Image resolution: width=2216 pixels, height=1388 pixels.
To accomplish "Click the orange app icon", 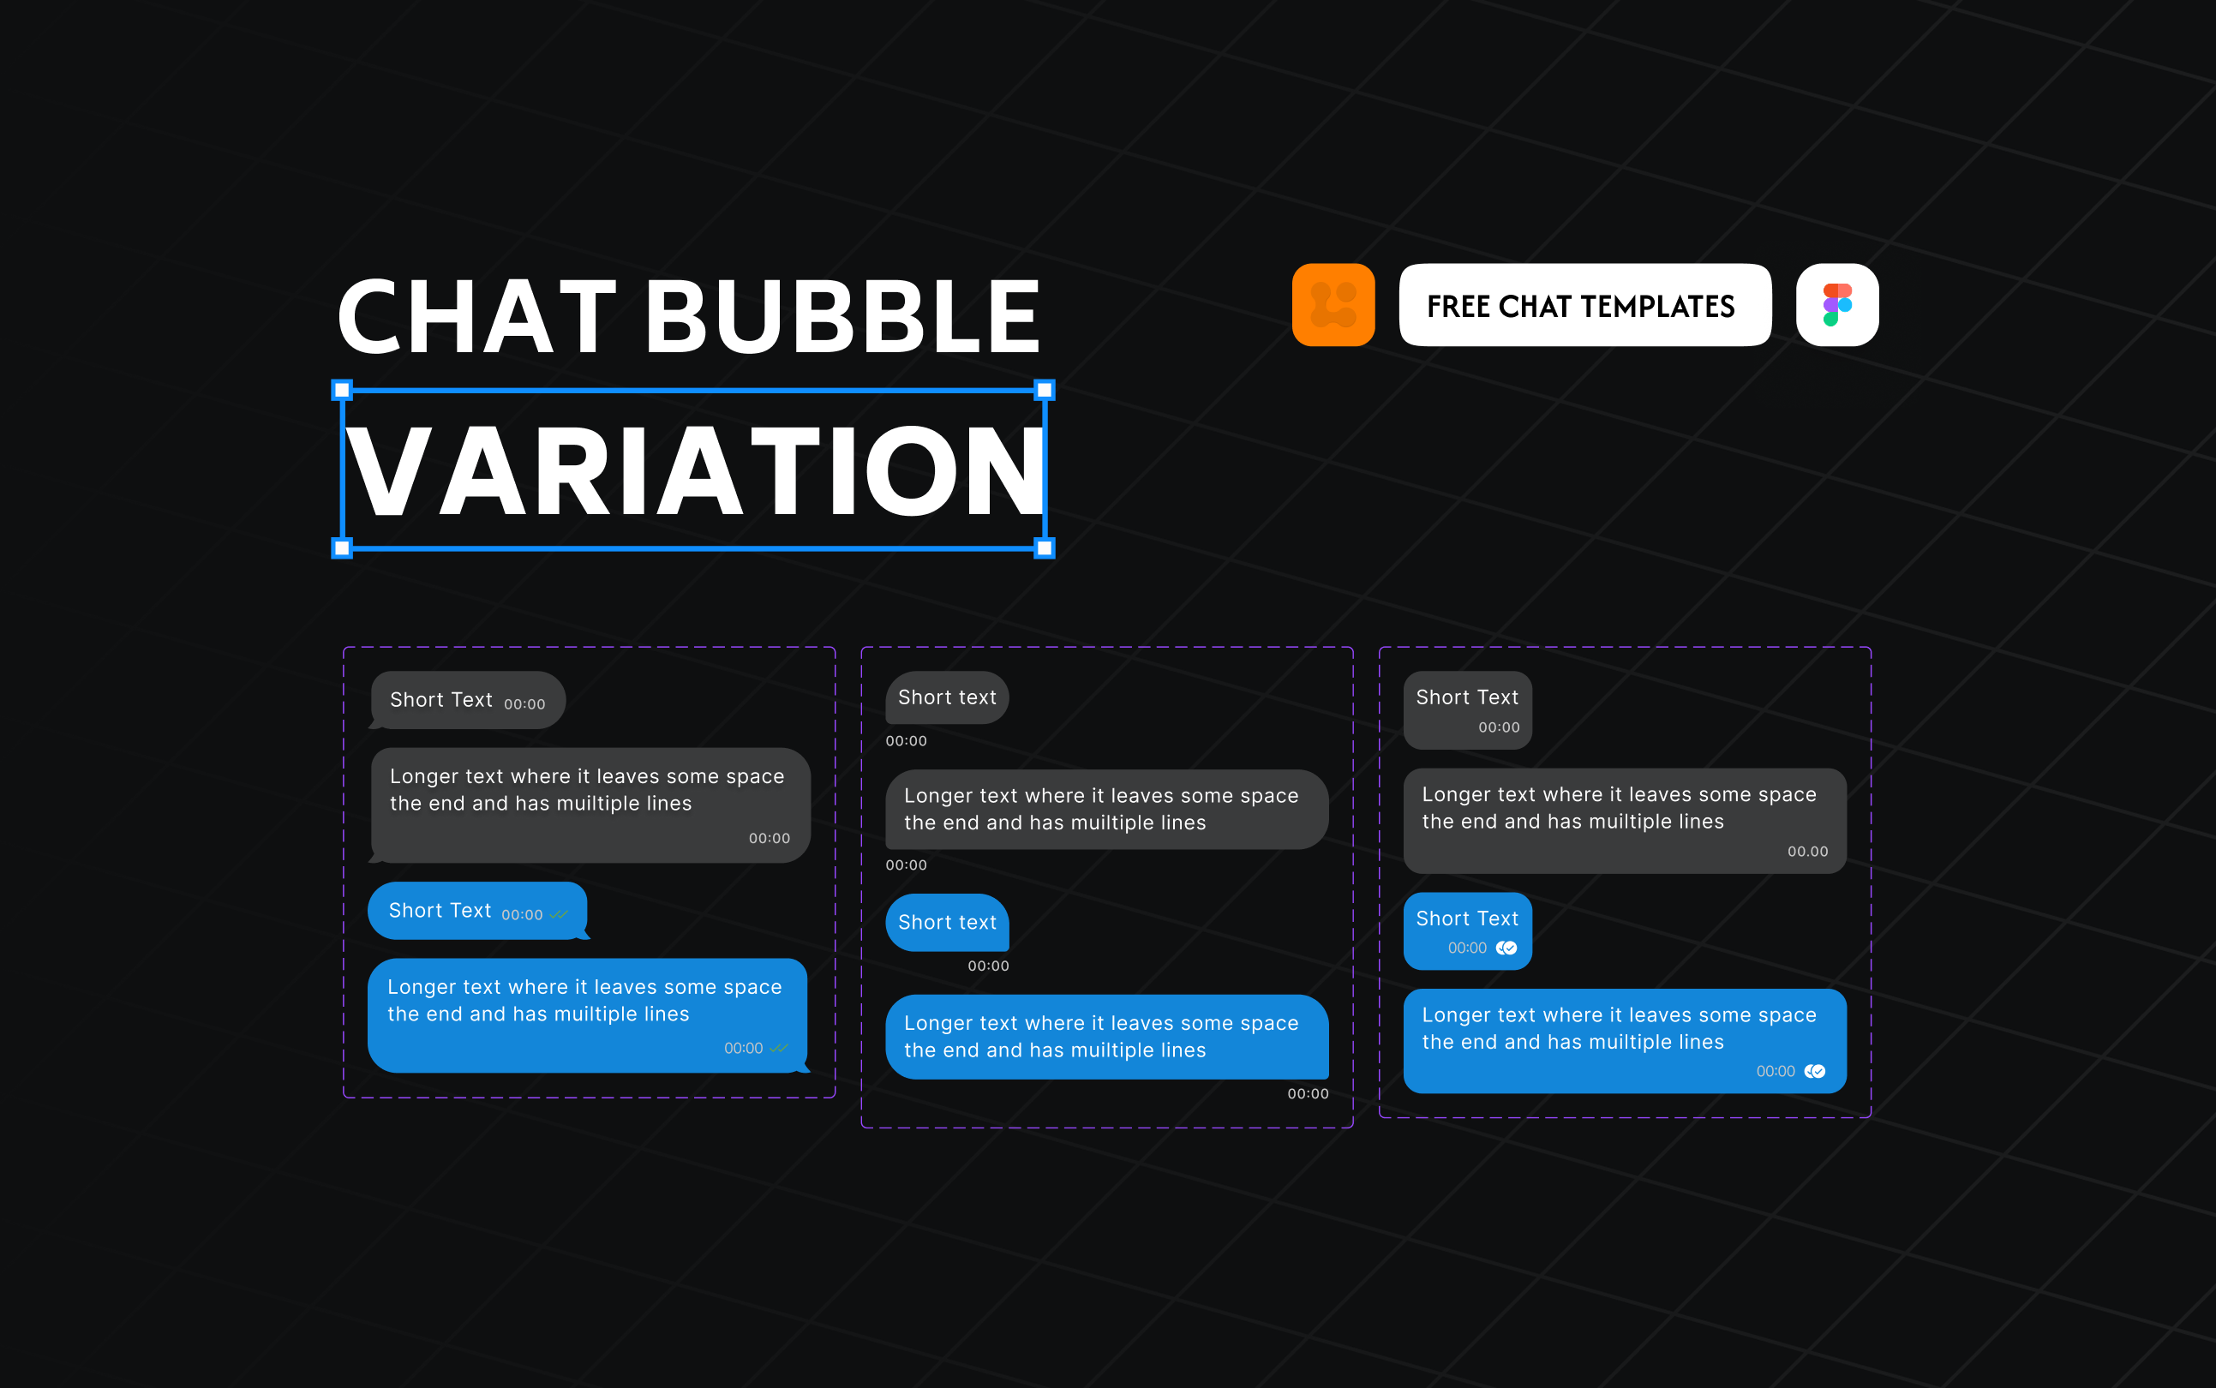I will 1333,305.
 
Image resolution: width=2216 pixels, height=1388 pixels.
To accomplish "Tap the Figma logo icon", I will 1837,305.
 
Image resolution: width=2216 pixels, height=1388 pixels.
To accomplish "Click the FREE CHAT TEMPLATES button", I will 1584,305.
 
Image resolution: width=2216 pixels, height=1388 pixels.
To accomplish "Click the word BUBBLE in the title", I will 842,317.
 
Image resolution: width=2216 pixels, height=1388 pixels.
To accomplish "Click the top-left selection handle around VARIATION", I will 342,390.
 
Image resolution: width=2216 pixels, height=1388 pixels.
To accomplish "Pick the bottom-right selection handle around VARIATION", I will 1044,549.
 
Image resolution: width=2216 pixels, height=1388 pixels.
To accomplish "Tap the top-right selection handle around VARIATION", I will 1044,390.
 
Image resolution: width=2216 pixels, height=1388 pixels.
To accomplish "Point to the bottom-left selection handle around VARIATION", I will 342,549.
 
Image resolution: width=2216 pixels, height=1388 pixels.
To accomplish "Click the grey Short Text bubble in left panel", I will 467,701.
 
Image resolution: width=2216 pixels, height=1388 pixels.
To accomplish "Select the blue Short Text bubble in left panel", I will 476,911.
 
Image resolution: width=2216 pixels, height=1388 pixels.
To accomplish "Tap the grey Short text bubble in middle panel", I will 946,697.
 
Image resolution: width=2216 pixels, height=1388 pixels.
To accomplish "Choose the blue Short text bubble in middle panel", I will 946,923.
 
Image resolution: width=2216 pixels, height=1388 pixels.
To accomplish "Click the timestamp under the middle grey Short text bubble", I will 906,741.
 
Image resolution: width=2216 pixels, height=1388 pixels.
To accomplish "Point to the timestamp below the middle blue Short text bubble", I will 988,966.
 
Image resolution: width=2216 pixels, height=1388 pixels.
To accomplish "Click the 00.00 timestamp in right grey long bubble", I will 1807,852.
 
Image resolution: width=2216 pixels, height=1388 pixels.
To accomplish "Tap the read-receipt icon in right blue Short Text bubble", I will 1506,948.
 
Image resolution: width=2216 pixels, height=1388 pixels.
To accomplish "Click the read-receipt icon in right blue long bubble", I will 1815,1071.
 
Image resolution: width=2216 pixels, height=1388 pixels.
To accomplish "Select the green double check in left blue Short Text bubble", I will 559,914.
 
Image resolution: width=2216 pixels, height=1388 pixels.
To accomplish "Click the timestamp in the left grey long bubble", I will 770,838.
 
